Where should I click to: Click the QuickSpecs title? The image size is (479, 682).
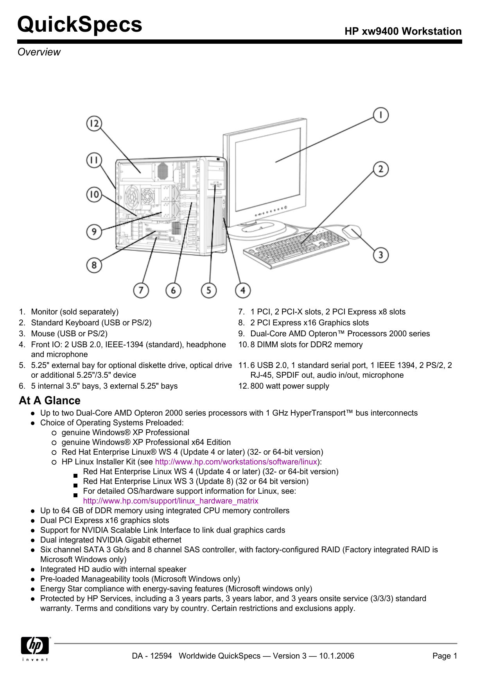80,25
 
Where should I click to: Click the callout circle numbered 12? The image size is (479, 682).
94,124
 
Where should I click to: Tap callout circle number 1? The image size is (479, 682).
380,115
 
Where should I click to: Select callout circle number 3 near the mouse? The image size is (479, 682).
380,255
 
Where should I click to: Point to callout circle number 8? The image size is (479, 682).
94,265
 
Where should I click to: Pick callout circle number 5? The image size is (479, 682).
209,290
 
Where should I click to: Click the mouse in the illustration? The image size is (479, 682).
352,231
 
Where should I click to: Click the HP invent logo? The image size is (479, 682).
36,648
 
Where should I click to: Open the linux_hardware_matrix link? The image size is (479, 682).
170,501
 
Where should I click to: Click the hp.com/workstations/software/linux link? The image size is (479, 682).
236,462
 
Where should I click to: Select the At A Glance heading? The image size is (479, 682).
50,400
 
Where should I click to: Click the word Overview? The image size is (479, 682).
39,52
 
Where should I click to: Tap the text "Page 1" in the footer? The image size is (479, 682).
445,656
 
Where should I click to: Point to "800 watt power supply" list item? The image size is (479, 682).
290,386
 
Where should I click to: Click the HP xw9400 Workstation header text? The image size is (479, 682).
403,31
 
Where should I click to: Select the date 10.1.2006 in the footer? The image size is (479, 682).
336,656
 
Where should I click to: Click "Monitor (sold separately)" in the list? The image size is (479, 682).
75,312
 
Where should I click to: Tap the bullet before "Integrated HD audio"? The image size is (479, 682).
33,570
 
